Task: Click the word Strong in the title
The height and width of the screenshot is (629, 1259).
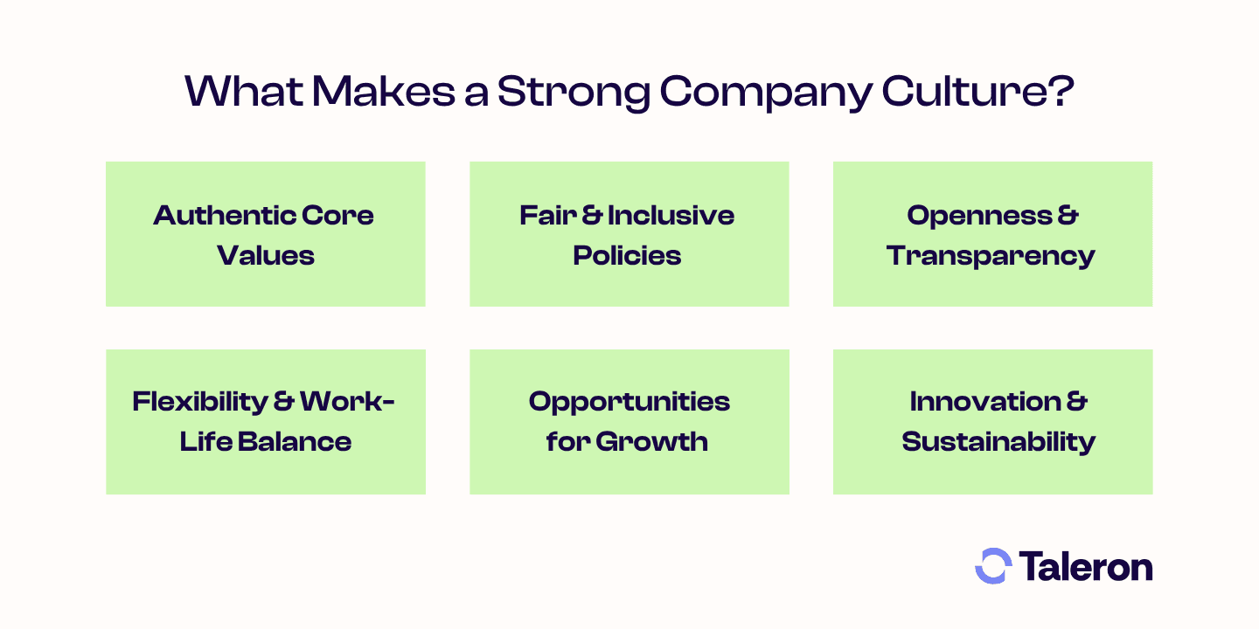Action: (574, 92)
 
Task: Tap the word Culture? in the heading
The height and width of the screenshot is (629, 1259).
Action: (978, 91)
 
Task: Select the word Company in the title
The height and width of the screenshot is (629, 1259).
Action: (766, 93)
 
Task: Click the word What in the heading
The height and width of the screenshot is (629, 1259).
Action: (244, 91)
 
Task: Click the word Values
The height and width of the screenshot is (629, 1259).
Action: (266, 255)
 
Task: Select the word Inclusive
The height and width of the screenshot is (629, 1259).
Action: (671, 215)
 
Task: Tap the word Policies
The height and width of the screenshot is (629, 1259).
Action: (627, 255)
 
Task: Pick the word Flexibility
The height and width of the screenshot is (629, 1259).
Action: (200, 403)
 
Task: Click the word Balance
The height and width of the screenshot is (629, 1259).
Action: (295, 441)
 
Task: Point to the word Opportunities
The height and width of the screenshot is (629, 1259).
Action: (629, 403)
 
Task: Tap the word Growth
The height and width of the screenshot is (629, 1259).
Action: (652, 441)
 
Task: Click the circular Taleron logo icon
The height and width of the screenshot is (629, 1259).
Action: (993, 566)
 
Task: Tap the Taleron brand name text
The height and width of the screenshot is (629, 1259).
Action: (1086, 566)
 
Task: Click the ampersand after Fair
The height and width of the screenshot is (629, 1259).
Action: (592, 215)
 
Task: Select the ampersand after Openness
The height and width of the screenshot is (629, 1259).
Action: (1068, 215)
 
